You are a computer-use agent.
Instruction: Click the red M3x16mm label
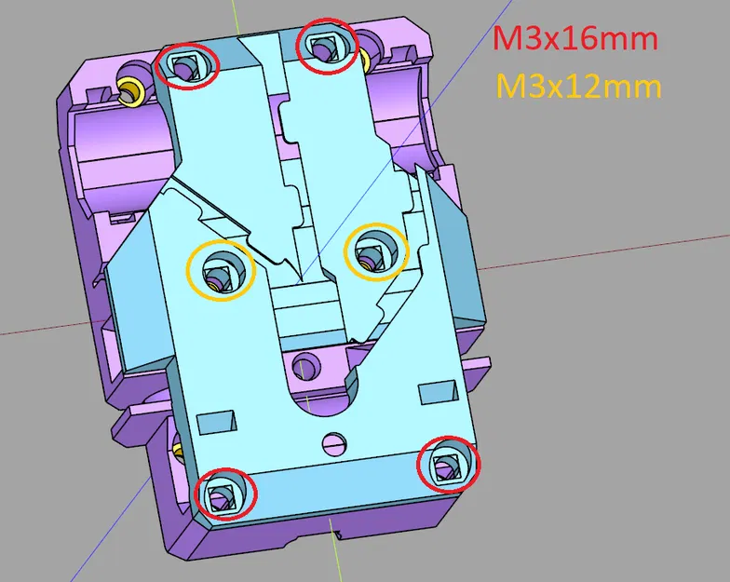(x=575, y=39)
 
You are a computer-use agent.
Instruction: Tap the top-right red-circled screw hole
(x=326, y=45)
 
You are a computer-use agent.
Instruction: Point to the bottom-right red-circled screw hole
(x=448, y=464)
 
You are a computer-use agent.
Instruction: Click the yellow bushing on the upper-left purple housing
(x=131, y=90)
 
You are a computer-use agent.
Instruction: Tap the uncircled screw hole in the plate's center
(x=304, y=366)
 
